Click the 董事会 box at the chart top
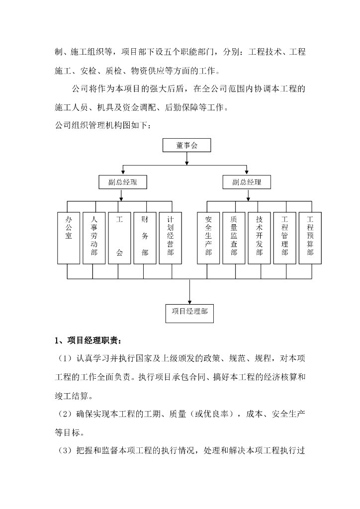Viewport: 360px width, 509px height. point(186,145)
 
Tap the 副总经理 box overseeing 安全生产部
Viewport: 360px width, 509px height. point(247,182)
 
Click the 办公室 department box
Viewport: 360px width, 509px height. point(69,238)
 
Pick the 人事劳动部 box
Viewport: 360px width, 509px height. point(94,238)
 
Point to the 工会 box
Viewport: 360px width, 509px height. point(119,238)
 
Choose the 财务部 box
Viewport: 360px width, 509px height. point(145,238)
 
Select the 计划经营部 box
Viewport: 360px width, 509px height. point(171,238)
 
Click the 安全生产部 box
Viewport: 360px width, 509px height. point(208,238)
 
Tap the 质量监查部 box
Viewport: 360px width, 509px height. point(234,238)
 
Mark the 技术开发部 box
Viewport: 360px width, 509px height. point(259,238)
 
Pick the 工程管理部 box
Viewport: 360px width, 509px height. point(284,238)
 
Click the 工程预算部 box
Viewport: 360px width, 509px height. point(310,238)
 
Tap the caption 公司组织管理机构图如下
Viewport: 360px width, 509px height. point(101,125)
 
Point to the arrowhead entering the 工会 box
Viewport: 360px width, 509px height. point(119,210)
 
